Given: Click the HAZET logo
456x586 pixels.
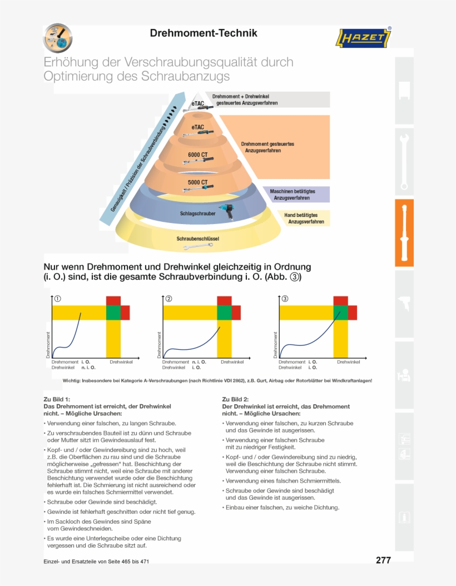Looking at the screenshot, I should point(364,38).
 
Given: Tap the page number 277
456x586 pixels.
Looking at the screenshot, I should point(383,560).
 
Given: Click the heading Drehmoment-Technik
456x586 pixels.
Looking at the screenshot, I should point(204,33).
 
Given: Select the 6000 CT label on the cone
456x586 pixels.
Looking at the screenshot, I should point(197,154).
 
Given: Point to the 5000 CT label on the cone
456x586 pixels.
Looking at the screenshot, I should point(197,182).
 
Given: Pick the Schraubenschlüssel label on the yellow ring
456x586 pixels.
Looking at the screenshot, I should point(198,239).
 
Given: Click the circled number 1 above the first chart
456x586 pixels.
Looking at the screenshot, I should point(58,299).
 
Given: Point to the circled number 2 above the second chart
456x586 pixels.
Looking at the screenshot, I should point(168,299).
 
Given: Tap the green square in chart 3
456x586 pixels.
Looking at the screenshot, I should point(340,312).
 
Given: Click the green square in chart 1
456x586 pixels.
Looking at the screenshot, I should point(113,312).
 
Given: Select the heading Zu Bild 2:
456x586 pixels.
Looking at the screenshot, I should point(235,399).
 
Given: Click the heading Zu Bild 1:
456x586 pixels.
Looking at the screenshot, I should point(57,399).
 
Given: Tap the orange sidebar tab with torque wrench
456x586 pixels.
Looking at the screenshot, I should point(404,233).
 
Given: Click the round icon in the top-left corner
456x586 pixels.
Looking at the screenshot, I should point(58,38).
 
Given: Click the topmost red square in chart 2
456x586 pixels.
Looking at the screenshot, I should point(224,301).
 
